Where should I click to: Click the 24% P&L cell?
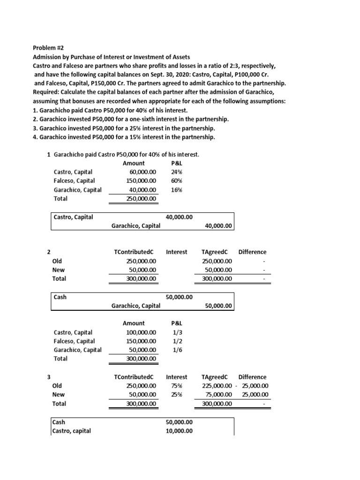(177, 172)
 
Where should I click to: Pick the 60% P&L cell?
(177, 181)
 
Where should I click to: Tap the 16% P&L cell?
(177, 190)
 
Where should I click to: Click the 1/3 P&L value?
(177, 332)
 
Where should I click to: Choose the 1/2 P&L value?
(177, 341)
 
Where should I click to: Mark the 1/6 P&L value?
(177, 350)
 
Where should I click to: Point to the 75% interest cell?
(176, 386)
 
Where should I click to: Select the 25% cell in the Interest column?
(176, 395)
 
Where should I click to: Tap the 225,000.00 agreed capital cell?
(217, 386)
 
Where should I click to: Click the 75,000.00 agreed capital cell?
(218, 395)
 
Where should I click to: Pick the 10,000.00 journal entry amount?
(179, 431)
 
